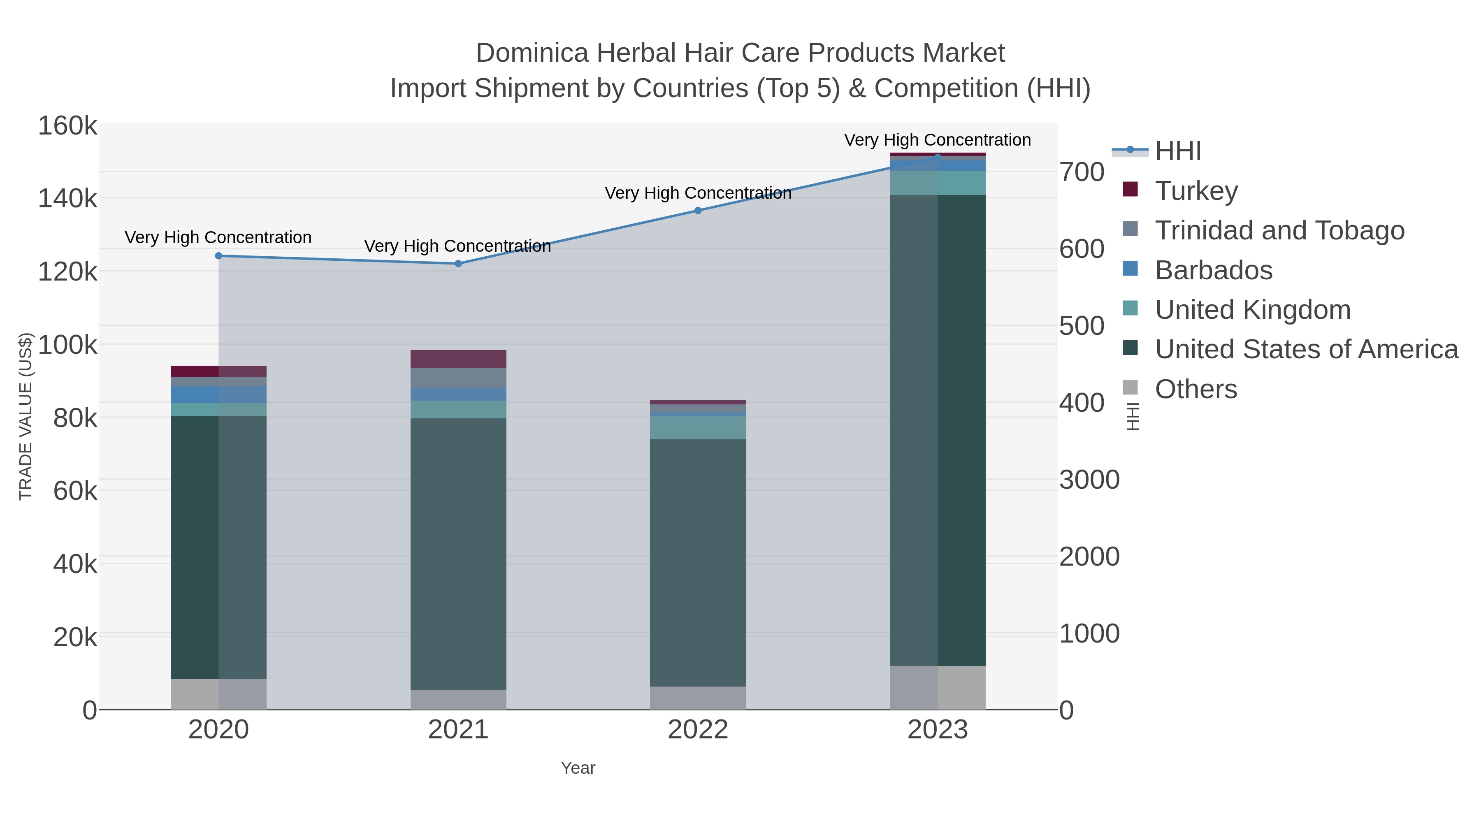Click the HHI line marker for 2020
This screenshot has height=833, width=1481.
tap(218, 256)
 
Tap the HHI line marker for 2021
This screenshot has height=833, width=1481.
tap(458, 264)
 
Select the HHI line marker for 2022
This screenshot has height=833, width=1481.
tap(698, 210)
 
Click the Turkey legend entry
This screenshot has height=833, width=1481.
tap(1196, 191)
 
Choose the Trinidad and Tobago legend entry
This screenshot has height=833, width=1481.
tap(1279, 230)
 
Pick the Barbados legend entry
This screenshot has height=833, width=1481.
tap(1213, 270)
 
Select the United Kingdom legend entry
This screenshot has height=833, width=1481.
tap(1252, 310)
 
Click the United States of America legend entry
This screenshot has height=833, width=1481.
tap(1306, 350)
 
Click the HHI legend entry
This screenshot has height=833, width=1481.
tap(1177, 151)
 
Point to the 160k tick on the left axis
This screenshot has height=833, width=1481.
tap(67, 126)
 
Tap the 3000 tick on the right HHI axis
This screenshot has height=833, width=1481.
tap(1089, 480)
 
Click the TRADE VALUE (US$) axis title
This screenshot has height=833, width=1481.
tap(26, 417)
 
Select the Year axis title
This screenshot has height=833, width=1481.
tap(578, 768)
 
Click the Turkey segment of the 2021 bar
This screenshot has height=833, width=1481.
tap(458, 359)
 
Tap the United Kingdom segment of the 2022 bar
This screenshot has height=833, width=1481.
tap(698, 427)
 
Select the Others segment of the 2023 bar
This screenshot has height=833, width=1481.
tap(938, 687)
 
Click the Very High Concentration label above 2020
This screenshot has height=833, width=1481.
tap(218, 237)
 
